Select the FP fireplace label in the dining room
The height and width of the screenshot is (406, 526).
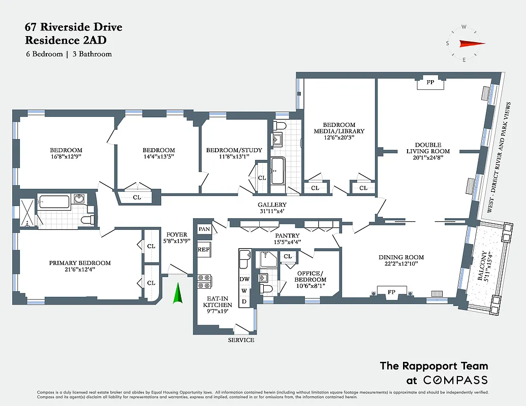(x=391, y=292)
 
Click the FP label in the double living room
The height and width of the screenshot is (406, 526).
(x=430, y=81)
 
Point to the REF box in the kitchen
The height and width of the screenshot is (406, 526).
(x=203, y=249)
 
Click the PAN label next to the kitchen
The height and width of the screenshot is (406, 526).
(x=204, y=229)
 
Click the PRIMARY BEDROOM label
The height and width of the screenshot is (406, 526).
(x=80, y=263)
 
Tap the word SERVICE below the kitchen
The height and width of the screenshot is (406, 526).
(x=241, y=340)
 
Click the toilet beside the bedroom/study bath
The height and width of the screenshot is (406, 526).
(x=280, y=125)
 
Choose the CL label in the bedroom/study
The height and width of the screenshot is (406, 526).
(x=262, y=178)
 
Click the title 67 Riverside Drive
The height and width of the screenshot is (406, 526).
(x=74, y=27)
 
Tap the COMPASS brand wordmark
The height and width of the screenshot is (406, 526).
(x=455, y=380)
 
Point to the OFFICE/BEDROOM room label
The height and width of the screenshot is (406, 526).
(x=311, y=277)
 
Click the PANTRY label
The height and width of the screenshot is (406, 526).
(x=287, y=235)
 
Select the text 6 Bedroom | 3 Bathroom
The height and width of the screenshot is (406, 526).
(x=69, y=54)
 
